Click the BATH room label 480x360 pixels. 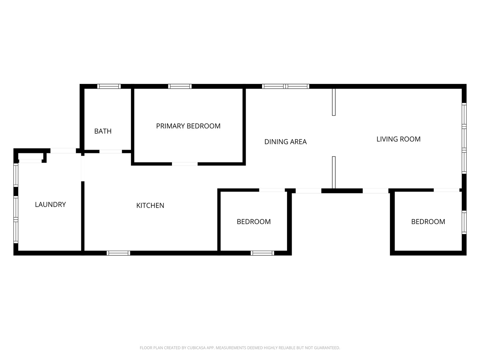(x=103, y=131)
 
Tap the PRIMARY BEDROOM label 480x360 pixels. (x=188, y=126)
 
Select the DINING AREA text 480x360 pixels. (x=285, y=142)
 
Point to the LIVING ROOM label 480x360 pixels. (x=398, y=139)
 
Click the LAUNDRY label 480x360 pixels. (x=50, y=204)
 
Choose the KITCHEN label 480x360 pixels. (x=150, y=205)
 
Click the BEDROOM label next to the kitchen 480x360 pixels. (x=254, y=222)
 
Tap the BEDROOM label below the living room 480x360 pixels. (x=428, y=222)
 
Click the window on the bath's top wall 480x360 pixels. (x=109, y=86)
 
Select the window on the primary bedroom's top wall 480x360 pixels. (x=180, y=86)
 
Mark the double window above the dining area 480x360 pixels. (x=286, y=86)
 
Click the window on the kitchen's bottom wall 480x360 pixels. (x=118, y=253)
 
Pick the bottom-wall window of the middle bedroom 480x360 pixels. (x=262, y=253)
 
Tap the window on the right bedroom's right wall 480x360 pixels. (x=464, y=222)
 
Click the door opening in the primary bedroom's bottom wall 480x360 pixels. (x=185, y=164)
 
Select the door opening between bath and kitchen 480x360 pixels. (x=111, y=152)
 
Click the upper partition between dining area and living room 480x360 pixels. (x=334, y=102)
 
